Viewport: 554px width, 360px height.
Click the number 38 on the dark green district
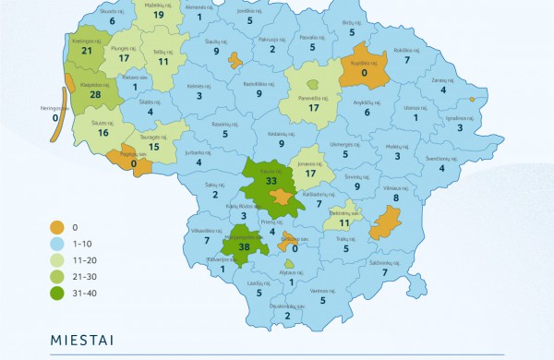tap(245, 247)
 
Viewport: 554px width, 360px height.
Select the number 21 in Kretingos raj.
tap(88, 51)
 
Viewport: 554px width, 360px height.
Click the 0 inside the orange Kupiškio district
tap(365, 72)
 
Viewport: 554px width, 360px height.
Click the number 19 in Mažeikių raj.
tap(159, 15)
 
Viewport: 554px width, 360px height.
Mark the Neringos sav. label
tap(56, 107)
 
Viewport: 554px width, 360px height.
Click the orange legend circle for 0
tap(57, 224)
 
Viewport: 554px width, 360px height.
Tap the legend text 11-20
tap(84, 258)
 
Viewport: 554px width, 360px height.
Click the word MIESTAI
tap(81, 340)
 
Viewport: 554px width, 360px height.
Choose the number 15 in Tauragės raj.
tap(155, 147)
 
